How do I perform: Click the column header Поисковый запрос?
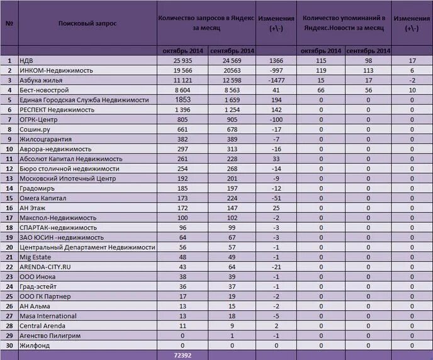click(87, 23)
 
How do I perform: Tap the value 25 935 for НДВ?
click(181, 60)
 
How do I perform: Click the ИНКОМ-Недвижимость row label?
click(56, 70)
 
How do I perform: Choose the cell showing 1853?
click(183, 99)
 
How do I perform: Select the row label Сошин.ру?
click(37, 129)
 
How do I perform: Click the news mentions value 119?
click(321, 70)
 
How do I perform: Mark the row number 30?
click(9, 346)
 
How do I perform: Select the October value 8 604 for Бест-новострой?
click(181, 90)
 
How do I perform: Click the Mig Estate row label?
click(35, 257)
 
